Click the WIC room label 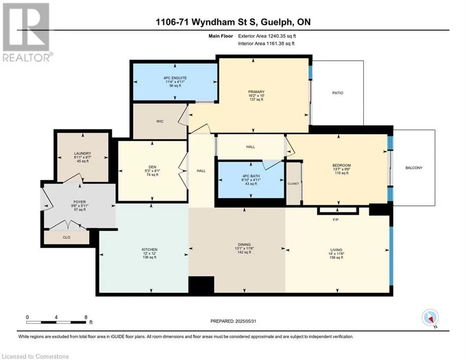pos(160,121)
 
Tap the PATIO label pos(338,93)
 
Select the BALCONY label pos(414,168)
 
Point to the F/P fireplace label pos(335,220)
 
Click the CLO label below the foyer pos(67,237)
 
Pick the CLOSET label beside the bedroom pos(293,184)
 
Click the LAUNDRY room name pos(82,154)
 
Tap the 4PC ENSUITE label pos(175,78)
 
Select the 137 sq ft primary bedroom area pos(257,100)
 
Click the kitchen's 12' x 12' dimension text pos(149,254)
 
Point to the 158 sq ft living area pos(336,258)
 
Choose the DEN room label pos(153,167)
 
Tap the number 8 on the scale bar pos(86,317)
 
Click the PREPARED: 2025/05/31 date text pos(233,321)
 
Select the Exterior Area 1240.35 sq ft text pos(267,36)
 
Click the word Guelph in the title pos(277,22)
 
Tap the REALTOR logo pos(26,32)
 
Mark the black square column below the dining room pos(201,285)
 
